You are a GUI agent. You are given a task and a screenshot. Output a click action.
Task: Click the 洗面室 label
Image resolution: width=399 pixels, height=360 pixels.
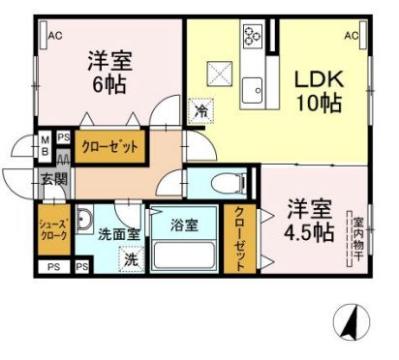click(117, 234)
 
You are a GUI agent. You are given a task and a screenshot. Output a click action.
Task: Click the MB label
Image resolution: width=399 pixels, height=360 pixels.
click(46, 146)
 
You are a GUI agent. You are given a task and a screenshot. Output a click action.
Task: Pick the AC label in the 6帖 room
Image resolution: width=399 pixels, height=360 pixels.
click(55, 36)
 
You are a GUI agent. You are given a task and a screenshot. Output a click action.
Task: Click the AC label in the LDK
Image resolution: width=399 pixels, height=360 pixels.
click(352, 36)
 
